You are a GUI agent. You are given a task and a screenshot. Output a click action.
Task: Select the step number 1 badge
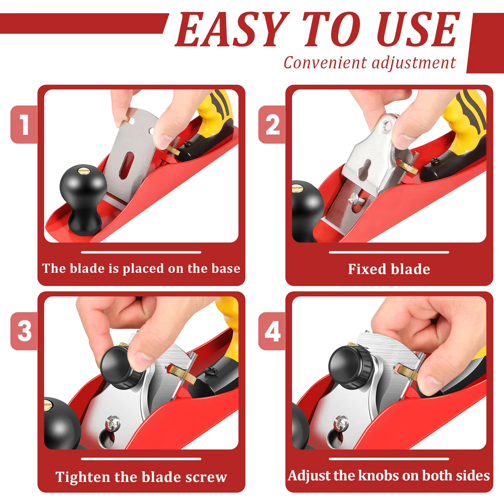pyautogui.click(x=24, y=124)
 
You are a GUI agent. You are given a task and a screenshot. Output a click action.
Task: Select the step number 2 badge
pyautogui.click(x=272, y=124)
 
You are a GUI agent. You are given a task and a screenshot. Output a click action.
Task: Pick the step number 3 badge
pyautogui.click(x=24, y=331)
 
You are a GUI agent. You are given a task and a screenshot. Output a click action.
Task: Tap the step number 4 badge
pyautogui.click(x=272, y=331)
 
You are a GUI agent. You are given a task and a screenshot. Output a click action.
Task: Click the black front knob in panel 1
pyautogui.click(x=83, y=195)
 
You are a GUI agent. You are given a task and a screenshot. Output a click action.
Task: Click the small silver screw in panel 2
pyautogui.click(x=354, y=199)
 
